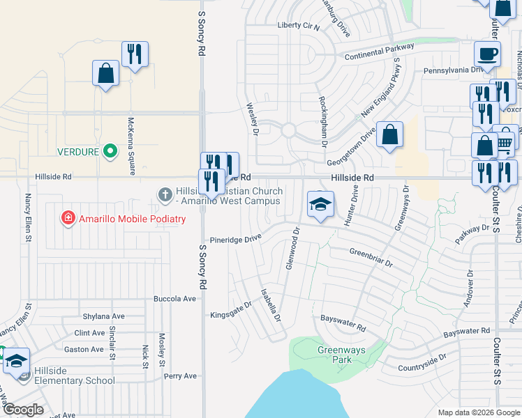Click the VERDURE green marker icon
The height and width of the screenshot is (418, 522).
(110, 150)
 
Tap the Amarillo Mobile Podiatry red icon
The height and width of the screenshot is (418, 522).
(68, 219)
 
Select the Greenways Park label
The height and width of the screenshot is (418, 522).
(341, 355)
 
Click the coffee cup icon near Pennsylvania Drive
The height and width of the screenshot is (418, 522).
(487, 54)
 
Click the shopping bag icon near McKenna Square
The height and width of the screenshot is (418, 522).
(105, 73)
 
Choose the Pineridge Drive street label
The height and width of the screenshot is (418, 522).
(236, 238)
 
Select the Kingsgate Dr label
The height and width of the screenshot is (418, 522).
(230, 310)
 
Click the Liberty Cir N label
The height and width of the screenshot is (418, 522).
(298, 26)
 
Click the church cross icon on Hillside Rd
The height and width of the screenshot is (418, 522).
(165, 194)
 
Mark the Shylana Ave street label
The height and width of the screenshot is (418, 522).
(103, 316)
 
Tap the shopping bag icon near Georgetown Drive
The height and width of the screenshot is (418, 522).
(390, 134)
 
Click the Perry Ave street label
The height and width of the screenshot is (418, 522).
(181, 376)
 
